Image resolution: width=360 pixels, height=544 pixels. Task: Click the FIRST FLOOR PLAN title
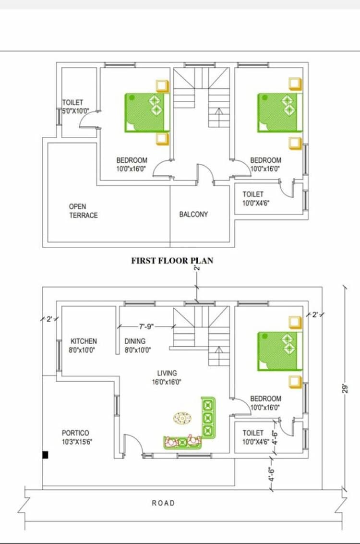pos(172,261)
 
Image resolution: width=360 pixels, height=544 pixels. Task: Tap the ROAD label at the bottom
pos(163,503)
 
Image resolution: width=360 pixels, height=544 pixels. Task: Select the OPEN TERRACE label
pos(83,211)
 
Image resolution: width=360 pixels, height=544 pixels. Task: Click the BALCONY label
pos(193,214)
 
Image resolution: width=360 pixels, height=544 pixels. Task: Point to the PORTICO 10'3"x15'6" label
pos(75,437)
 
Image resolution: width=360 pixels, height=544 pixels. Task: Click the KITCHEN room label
pos(84,345)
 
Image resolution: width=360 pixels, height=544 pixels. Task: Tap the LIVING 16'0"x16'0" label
pos(167,377)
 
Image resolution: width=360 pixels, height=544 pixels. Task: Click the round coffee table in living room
pos(182,418)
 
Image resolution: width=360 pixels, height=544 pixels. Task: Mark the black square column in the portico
pos(45,454)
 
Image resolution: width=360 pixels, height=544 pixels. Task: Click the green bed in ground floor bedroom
pos(280,351)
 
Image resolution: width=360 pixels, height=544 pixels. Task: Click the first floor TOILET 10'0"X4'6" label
pos(255,198)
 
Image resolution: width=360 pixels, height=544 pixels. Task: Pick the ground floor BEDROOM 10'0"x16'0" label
pos(265,403)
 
